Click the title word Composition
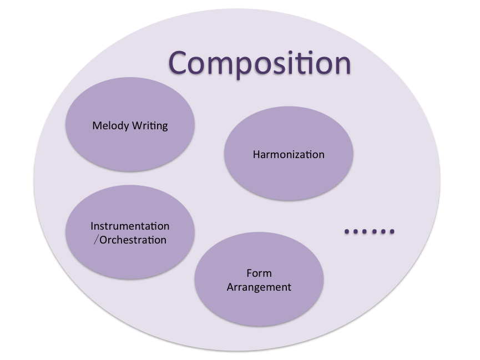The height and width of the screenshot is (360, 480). [x=260, y=63]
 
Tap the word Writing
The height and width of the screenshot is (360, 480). [x=149, y=126]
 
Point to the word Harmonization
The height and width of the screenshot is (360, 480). [x=289, y=154]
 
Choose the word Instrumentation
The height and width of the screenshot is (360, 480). [x=130, y=226]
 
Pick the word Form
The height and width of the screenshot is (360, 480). [x=259, y=273]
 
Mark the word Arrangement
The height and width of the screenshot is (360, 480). [x=259, y=287]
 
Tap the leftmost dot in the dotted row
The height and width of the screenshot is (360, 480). [x=347, y=231]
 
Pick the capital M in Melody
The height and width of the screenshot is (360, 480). [x=97, y=125]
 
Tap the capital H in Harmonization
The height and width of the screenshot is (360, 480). [x=256, y=154]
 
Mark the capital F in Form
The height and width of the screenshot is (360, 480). [x=249, y=273]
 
